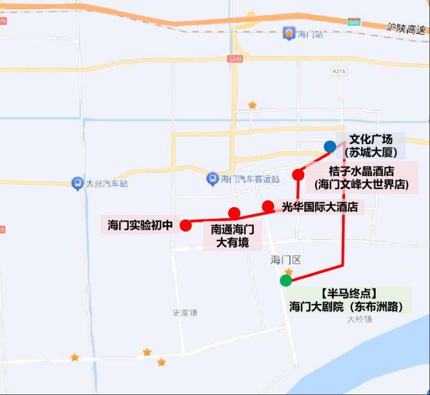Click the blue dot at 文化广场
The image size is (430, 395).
tap(330, 146)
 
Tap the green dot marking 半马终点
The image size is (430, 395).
tap(286, 280)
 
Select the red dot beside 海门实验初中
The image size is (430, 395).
tap(185, 225)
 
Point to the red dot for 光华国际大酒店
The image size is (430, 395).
tap(268, 206)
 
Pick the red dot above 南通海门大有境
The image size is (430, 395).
tap(234, 212)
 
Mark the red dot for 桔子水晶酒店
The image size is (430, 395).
tap(298, 174)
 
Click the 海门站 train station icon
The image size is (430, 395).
tap(289, 34)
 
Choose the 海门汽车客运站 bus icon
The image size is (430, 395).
tap(213, 178)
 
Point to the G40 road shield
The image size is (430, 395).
tap(353, 22)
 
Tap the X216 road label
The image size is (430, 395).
tap(339, 71)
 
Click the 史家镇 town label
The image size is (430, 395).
tap(185, 312)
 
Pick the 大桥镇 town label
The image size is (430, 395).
tap(360, 319)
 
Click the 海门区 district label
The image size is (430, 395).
tap(286, 260)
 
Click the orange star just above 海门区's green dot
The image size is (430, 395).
tap(289, 272)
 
